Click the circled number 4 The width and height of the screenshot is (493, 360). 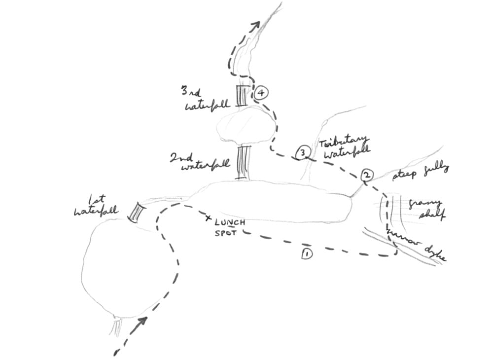click(261, 93)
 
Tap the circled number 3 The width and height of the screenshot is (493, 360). click(302, 153)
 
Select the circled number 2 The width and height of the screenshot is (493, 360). click(367, 175)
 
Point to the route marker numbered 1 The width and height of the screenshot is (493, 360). click(306, 253)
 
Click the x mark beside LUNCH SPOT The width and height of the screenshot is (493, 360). click(209, 218)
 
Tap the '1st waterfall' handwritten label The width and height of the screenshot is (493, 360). click(96, 206)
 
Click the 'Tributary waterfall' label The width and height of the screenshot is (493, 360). click(343, 147)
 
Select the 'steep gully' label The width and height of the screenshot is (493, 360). click(421, 172)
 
